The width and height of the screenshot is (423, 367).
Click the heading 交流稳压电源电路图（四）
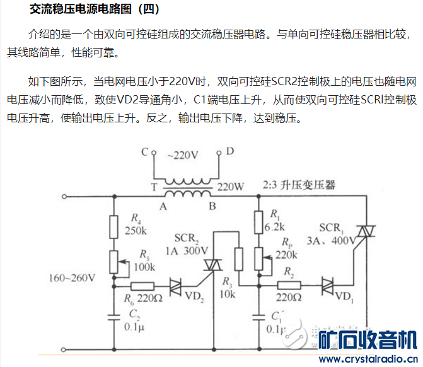95,10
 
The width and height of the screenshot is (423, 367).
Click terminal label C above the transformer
144,152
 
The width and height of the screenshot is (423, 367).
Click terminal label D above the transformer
229,151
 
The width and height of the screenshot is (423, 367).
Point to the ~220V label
182,154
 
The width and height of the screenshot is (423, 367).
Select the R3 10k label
228,290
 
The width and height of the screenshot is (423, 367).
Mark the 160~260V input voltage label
74,277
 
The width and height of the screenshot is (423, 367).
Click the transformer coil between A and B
187,193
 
